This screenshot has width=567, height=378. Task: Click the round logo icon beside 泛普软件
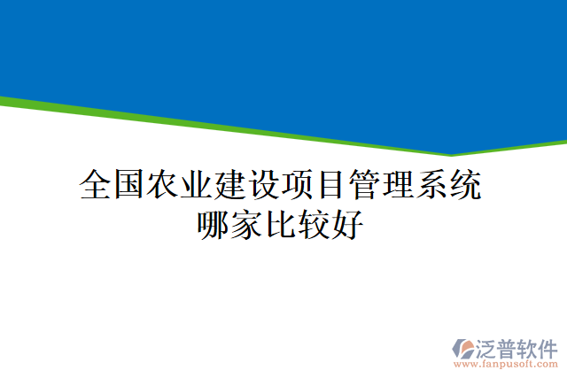pyautogui.click(x=464, y=348)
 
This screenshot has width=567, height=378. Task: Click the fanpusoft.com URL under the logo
pyautogui.click(x=506, y=364)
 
